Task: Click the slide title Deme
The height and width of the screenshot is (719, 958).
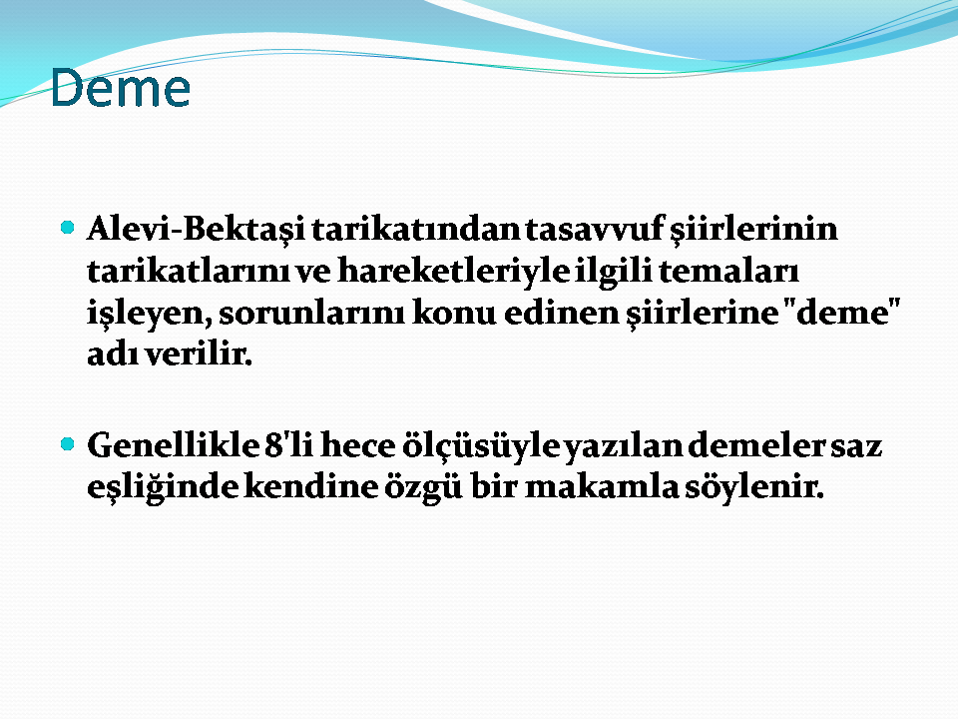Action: click(x=121, y=88)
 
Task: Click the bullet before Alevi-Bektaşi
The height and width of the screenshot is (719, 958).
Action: click(x=68, y=228)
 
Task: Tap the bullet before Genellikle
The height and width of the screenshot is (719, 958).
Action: click(x=68, y=443)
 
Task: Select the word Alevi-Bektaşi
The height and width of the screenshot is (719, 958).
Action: click(x=197, y=230)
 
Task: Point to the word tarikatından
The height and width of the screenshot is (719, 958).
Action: click(x=415, y=230)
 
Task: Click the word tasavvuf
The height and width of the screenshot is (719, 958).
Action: click(x=595, y=230)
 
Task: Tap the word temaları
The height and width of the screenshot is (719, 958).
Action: click(x=728, y=271)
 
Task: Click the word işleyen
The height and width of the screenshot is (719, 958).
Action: click(x=149, y=313)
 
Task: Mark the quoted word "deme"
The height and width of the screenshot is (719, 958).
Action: click(x=841, y=312)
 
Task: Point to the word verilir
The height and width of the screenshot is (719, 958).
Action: click(x=200, y=354)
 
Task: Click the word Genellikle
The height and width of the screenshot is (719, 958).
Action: click(x=173, y=445)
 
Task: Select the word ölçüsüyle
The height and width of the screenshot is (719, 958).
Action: click(x=481, y=446)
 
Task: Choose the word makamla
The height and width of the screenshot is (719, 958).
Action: click(x=602, y=487)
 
